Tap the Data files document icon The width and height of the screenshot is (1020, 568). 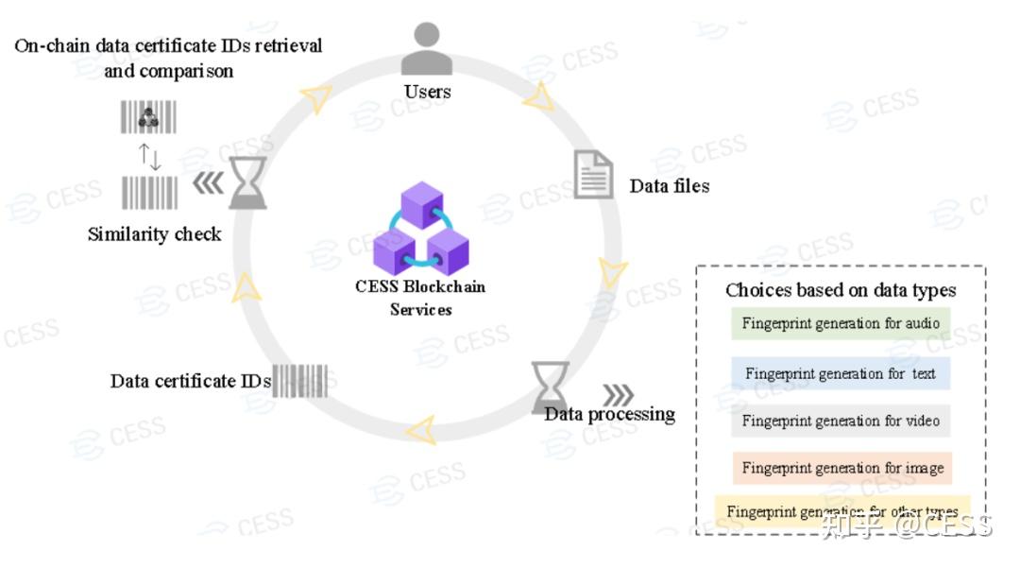[x=593, y=175]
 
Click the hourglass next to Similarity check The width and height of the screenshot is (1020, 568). [x=247, y=182]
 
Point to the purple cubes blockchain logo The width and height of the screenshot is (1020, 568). [x=421, y=229]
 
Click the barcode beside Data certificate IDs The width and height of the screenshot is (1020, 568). [x=299, y=381]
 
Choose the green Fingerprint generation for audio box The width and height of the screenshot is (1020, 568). [x=841, y=324]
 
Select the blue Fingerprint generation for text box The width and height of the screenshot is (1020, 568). [x=841, y=373]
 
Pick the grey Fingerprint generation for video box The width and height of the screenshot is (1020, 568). [x=841, y=421]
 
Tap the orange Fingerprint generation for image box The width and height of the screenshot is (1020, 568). [x=841, y=468]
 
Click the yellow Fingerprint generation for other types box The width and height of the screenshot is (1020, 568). [x=841, y=511]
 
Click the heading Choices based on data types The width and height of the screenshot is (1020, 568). [x=841, y=290]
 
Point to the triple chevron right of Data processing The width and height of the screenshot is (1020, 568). [x=618, y=394]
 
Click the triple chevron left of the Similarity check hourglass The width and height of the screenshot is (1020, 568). [x=208, y=183]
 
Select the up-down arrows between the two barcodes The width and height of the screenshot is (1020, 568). [x=149, y=156]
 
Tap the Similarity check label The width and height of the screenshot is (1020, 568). [x=154, y=234]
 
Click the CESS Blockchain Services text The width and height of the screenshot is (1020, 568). [x=421, y=298]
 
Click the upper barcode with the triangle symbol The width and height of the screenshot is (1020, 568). [x=148, y=117]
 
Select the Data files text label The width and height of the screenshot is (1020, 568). [x=669, y=186]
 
